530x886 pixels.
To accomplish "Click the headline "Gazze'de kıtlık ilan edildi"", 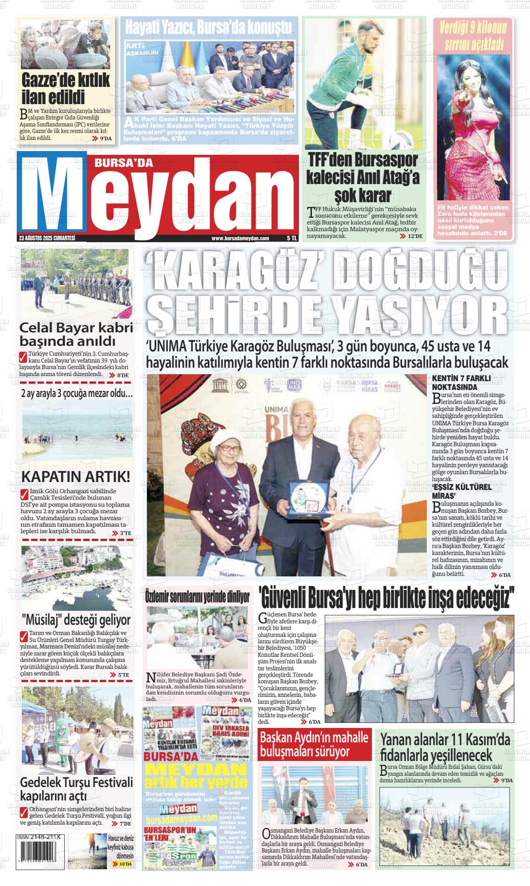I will click(66, 88).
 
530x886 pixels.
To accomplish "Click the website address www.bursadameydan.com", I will click(240, 238).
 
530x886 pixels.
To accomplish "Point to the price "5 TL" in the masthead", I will click(291, 238).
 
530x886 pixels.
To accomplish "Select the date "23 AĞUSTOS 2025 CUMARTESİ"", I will click(47, 238).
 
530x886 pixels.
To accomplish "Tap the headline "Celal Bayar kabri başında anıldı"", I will click(76, 334).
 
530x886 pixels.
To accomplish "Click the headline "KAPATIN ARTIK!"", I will click(76, 477).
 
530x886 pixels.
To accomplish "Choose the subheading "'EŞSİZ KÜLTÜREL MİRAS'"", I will click(462, 490).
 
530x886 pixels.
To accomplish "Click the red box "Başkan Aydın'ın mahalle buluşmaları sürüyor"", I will click(314, 744).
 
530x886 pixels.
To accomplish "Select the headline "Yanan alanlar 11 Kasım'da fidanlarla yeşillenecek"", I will click(445, 747).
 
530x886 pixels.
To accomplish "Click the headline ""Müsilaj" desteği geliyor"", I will click(76, 620).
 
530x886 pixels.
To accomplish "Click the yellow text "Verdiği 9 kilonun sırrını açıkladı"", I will click(473, 36).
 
